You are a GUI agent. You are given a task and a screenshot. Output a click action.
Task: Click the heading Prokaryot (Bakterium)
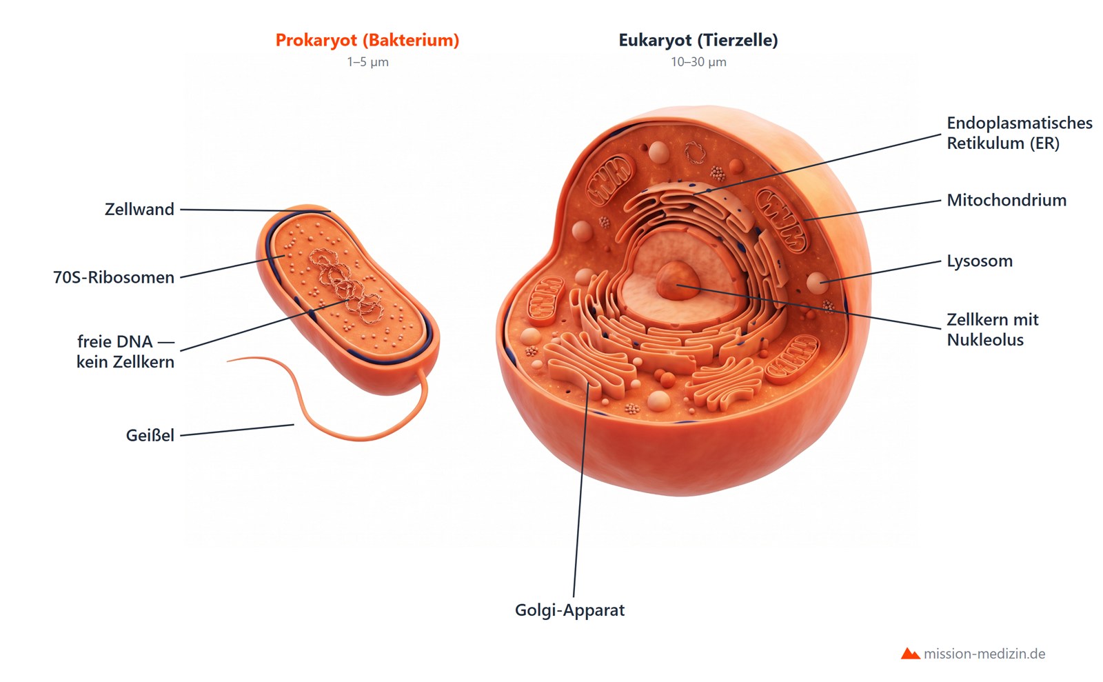point(367,41)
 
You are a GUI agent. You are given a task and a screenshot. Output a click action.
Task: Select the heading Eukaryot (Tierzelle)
point(698,41)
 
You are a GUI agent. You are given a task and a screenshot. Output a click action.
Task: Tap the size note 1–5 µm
point(367,62)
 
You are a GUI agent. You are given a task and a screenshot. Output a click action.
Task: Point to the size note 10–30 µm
point(698,62)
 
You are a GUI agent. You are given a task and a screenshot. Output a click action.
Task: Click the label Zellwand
point(139,209)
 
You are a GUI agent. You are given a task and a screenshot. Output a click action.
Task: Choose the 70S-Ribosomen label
point(114,277)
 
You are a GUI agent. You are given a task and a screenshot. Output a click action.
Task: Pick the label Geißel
point(150,435)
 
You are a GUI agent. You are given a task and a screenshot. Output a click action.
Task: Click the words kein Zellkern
point(125,362)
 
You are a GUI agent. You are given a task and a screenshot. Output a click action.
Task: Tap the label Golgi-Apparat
point(569,610)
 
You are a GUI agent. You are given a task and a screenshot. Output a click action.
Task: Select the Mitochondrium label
point(1006,201)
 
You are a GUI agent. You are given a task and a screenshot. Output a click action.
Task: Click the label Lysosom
point(980,261)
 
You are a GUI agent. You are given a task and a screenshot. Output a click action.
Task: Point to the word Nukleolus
point(985,340)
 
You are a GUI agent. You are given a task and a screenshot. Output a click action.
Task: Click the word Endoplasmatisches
point(1020,123)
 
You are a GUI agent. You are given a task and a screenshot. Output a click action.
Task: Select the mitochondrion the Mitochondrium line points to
point(782,219)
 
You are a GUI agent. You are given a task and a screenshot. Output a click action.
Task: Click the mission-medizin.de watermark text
point(984,654)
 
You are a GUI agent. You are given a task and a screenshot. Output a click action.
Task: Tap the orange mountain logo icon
point(911,654)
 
